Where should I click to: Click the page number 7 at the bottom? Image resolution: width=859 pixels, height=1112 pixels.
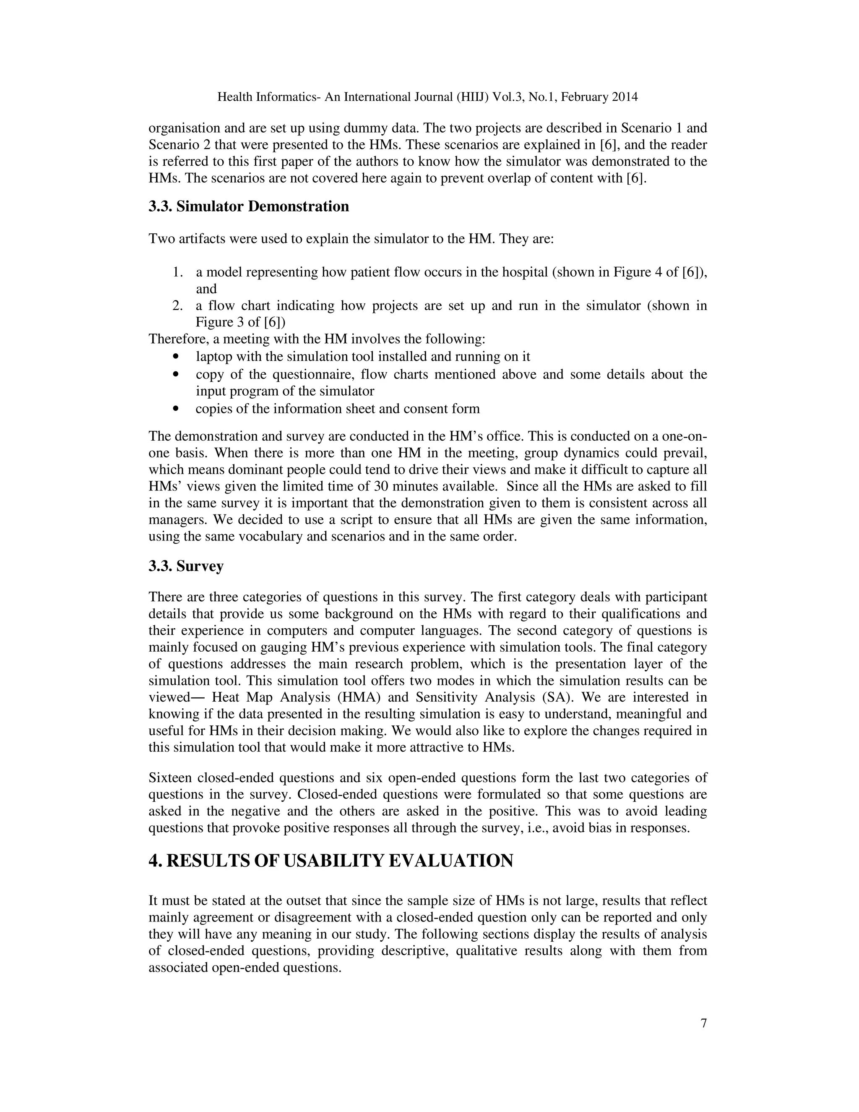[703, 1023]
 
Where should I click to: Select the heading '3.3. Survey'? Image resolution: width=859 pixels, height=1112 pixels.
[186, 566]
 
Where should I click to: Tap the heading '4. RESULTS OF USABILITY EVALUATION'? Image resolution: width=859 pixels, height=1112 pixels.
[331, 861]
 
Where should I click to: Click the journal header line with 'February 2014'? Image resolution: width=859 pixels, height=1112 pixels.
[427, 97]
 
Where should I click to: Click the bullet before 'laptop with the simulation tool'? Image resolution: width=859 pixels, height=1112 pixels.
[177, 357]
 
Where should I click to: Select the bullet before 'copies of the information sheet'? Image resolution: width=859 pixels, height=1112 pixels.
[177, 409]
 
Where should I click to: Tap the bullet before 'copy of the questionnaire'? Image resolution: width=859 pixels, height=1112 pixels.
[177, 375]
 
